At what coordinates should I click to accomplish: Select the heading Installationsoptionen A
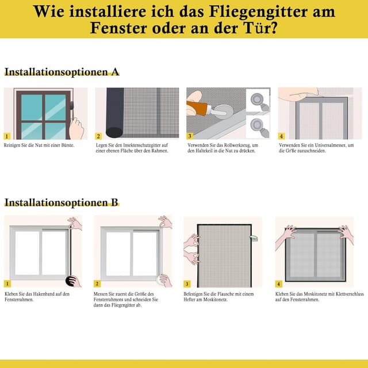(62, 72)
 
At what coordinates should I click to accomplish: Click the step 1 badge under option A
(7, 136)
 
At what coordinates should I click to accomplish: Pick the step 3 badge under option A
(190, 136)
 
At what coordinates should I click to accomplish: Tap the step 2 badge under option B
(97, 283)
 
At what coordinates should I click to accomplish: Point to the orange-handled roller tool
(198, 108)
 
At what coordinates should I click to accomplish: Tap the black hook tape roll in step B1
(72, 281)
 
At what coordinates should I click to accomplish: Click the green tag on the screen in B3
(253, 236)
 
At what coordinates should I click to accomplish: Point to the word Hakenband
(45, 294)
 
